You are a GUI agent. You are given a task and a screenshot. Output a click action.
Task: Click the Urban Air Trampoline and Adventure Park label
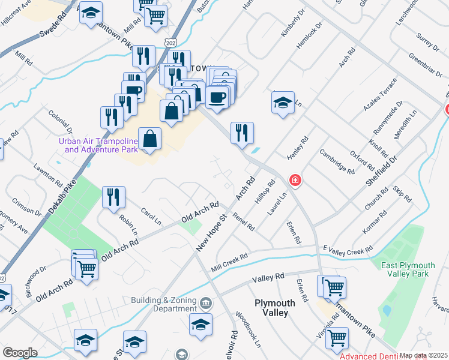point(98,145)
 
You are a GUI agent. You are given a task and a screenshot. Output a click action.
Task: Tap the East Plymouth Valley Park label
point(412,269)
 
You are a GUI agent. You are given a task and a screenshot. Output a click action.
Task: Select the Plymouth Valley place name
point(275,308)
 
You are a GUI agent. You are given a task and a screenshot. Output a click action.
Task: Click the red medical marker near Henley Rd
point(295,179)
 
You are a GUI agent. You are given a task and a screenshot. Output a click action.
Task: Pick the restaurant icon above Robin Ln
point(113,197)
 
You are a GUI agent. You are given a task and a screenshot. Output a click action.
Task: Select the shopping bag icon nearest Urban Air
point(149,139)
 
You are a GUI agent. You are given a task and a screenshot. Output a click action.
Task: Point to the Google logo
point(20,353)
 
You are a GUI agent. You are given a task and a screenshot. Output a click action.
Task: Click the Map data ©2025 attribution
point(423,355)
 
